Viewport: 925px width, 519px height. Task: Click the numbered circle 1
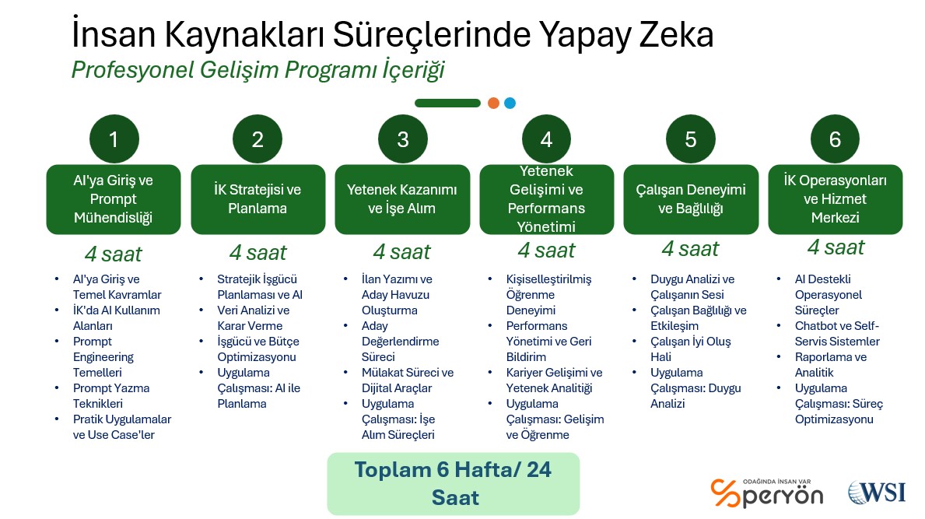(x=114, y=139)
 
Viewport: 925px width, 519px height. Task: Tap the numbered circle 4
(x=546, y=139)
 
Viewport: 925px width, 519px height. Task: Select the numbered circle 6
(x=835, y=139)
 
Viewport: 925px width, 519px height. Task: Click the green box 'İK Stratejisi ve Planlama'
(x=258, y=199)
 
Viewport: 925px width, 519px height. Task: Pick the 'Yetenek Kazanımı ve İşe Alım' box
(x=402, y=199)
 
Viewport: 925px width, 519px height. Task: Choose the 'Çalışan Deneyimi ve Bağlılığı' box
(x=691, y=199)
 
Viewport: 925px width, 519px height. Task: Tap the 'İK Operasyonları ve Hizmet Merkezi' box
(x=836, y=199)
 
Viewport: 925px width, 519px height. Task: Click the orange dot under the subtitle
(x=494, y=103)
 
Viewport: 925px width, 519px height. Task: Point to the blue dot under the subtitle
(x=510, y=103)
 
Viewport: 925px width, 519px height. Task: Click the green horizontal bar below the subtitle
(x=448, y=103)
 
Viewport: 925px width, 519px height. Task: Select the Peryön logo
(x=767, y=493)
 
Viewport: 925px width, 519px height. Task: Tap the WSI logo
(x=877, y=492)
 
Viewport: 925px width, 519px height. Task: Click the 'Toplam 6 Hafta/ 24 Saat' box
(x=453, y=484)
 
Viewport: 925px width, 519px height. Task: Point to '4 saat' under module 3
(x=401, y=252)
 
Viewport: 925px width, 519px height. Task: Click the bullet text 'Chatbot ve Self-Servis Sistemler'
(x=837, y=333)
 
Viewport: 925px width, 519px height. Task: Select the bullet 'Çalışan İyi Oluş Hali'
(x=690, y=349)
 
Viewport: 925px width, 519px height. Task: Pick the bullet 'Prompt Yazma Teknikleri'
(x=111, y=396)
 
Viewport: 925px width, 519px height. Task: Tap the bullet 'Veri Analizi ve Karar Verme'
(x=253, y=318)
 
